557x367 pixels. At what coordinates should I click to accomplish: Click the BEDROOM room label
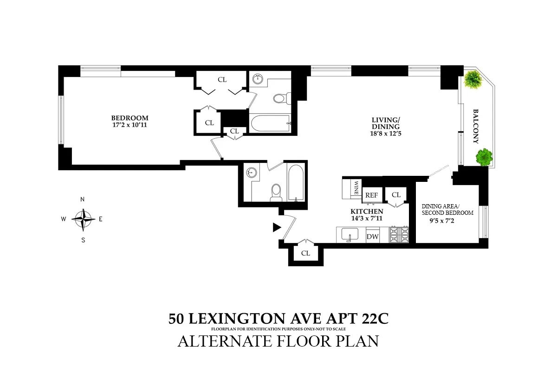[x=130, y=117]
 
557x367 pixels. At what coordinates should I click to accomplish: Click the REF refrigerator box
[x=372, y=195]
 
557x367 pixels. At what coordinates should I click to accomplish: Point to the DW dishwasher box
[x=373, y=237]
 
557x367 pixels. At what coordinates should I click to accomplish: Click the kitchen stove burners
[x=400, y=234]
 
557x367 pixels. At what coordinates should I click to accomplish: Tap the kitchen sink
[x=349, y=235]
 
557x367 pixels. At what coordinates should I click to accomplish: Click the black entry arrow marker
[x=277, y=227]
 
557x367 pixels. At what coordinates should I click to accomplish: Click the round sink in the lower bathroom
[x=251, y=172]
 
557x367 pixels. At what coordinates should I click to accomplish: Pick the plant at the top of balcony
[x=473, y=79]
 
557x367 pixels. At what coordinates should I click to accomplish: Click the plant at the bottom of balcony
[x=484, y=156]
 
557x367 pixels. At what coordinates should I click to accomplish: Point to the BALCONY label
[x=476, y=126]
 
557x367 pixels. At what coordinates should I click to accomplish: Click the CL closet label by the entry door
[x=305, y=253]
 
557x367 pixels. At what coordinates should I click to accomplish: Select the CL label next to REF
[x=396, y=195]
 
